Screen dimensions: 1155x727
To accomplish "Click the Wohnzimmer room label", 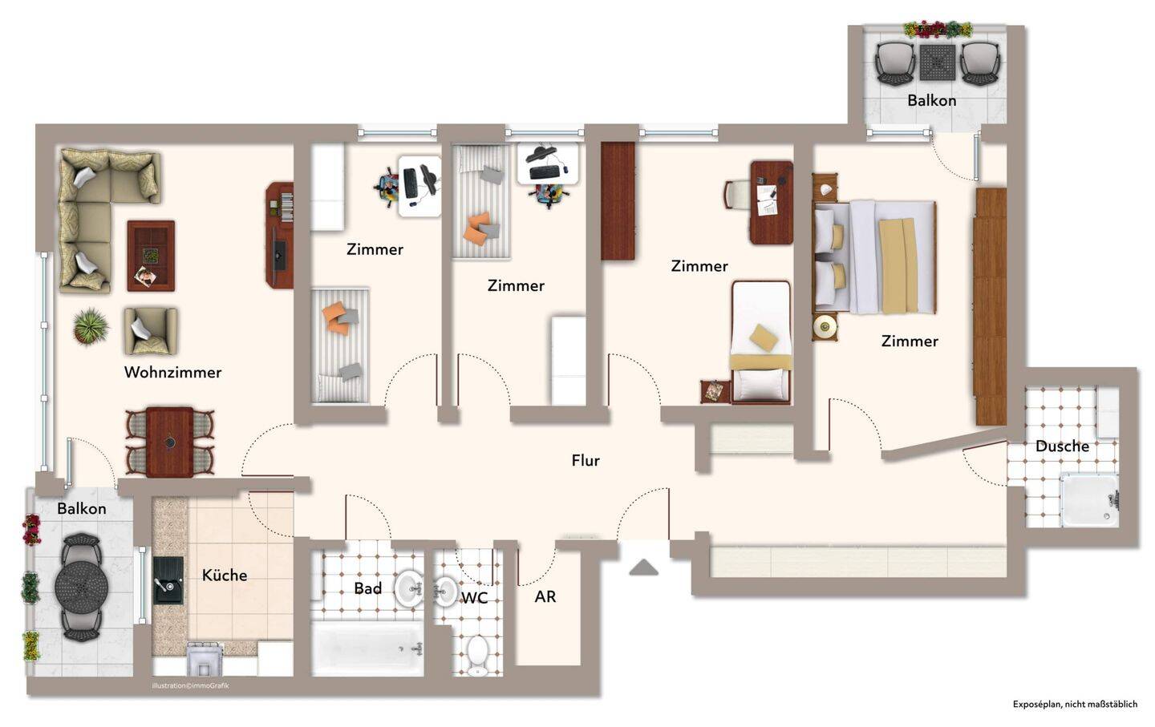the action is (172, 373).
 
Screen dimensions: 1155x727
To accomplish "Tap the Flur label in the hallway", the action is (586, 460).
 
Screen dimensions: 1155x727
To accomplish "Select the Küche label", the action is (225, 575).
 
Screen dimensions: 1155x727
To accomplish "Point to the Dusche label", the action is (1062, 446).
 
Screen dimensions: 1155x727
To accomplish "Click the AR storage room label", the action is (545, 596).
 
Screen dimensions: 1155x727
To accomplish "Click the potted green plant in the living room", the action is (91, 325).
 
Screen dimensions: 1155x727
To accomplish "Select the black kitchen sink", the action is (168, 580).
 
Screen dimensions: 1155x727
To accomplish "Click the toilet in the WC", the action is (478, 656).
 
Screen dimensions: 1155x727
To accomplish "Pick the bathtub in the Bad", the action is (367, 648).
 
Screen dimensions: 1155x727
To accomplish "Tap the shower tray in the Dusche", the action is (1089, 501).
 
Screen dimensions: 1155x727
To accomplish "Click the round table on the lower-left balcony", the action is (82, 587).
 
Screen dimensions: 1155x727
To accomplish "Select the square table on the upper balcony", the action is (938, 63).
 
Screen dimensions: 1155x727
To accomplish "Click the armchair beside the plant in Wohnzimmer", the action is (151, 331).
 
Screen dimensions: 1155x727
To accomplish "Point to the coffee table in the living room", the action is (151, 256).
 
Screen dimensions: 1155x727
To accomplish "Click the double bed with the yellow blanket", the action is (874, 257).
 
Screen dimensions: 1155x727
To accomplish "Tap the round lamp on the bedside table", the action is (824, 325).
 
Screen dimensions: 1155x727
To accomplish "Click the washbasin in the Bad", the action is (409, 588).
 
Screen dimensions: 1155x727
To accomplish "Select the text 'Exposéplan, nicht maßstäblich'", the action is (1075, 705).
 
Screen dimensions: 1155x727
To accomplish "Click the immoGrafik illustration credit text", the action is (190, 686).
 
